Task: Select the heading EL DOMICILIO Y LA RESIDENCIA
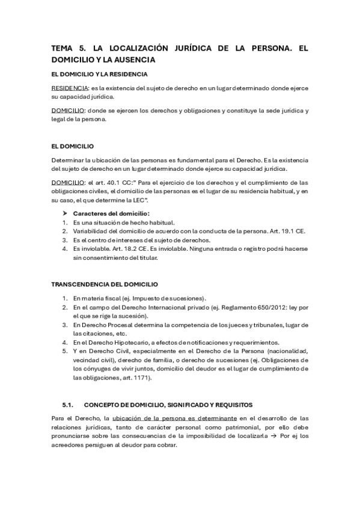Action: tap(99, 74)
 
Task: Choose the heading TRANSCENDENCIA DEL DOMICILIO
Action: tap(105, 283)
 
